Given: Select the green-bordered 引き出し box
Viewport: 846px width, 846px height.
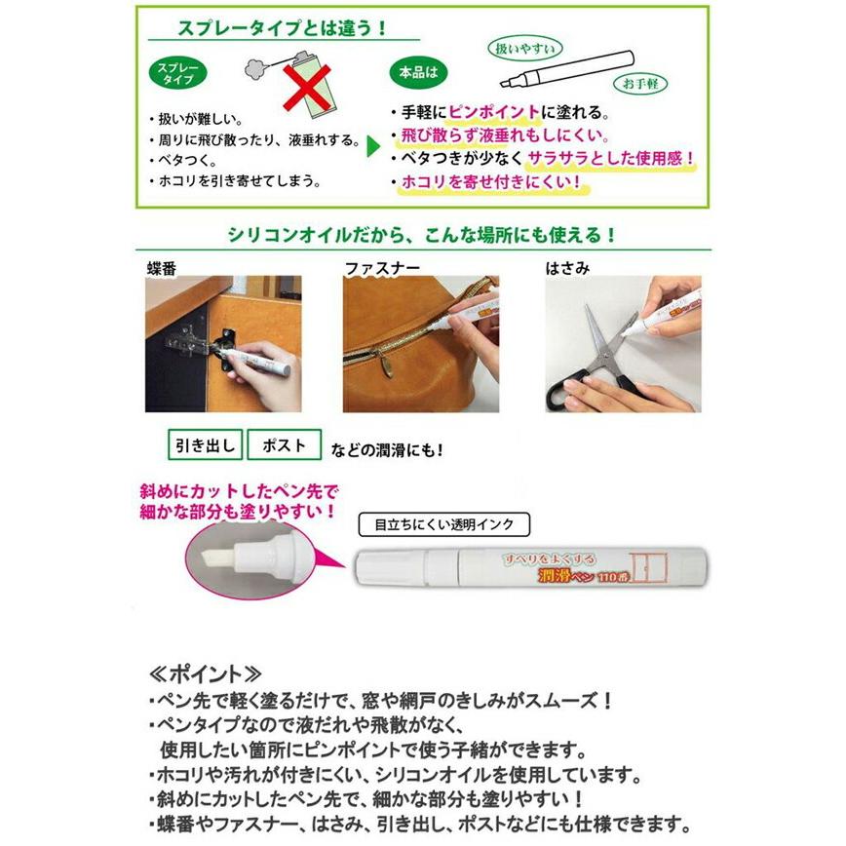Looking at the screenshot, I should click(x=205, y=446).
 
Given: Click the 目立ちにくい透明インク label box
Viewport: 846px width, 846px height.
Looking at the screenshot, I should click(x=444, y=524).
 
